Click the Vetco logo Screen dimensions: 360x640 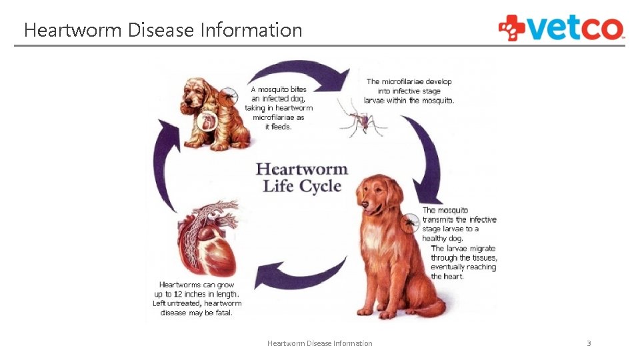coord(561,28)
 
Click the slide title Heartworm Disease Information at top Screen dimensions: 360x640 coord(163,30)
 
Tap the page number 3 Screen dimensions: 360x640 coord(589,343)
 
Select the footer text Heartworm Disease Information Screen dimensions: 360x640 coord(319,343)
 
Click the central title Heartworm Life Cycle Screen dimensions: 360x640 coord(302,177)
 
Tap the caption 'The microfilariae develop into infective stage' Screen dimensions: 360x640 coord(409,91)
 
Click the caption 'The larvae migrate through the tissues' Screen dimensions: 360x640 coord(463,262)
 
